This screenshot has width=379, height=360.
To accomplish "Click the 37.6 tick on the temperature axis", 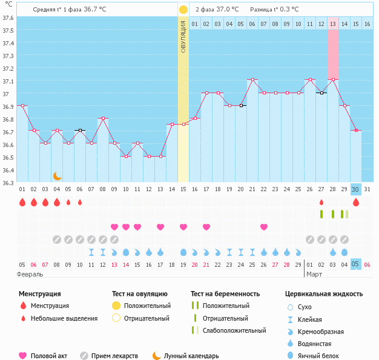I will [x=8, y=18].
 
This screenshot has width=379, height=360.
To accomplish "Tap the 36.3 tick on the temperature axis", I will [x=8, y=183].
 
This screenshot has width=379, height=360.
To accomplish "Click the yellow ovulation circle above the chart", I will [x=183, y=10].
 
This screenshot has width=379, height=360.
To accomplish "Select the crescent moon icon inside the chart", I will [x=57, y=175].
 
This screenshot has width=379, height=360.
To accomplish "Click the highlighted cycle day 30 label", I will [x=356, y=189].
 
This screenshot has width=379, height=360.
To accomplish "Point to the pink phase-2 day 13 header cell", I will [x=333, y=24].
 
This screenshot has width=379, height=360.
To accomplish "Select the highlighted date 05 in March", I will [x=356, y=264].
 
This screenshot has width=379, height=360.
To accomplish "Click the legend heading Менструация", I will [x=39, y=294].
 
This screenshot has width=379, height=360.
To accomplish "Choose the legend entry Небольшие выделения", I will [x=64, y=318].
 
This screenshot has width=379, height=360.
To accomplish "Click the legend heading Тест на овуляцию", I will [x=141, y=294].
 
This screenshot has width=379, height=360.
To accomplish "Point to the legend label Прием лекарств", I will [x=114, y=356].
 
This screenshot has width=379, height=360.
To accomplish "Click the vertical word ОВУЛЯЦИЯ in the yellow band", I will [x=183, y=36].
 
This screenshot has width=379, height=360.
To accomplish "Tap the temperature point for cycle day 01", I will [x=22, y=105].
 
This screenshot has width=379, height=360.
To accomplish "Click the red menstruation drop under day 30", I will [x=356, y=202].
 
